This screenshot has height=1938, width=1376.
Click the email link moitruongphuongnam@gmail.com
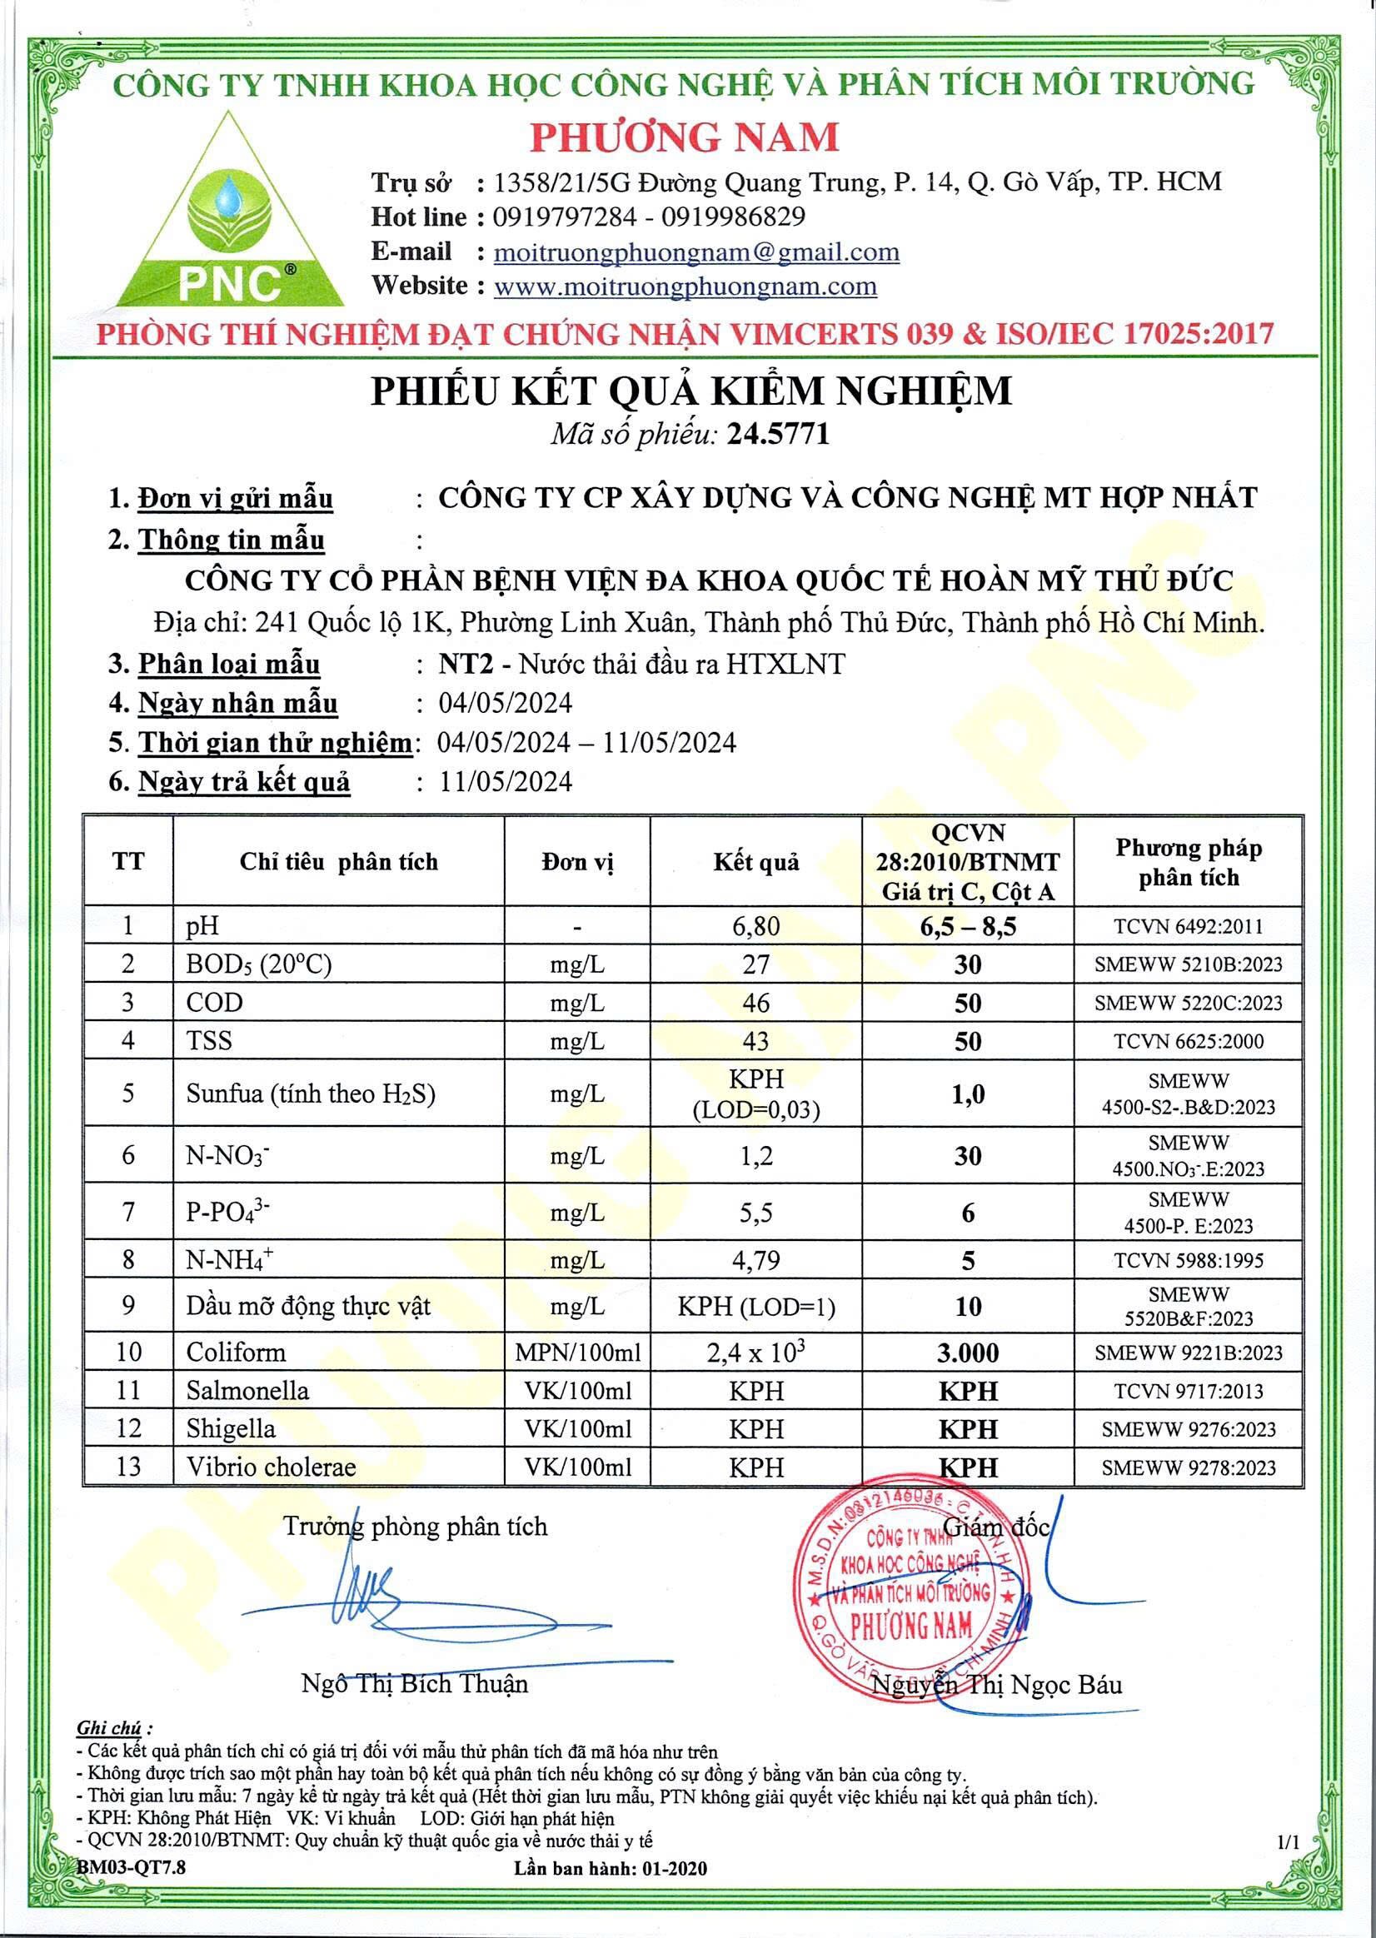pos(695,252)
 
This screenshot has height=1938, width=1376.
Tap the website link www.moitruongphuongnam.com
pos(685,286)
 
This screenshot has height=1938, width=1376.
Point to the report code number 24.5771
pos(784,435)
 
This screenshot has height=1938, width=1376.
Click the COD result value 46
pos(755,1003)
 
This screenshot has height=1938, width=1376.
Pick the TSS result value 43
pos(755,1041)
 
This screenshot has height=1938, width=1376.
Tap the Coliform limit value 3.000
pos(968,1353)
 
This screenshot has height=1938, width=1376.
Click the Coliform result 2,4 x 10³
pos(755,1352)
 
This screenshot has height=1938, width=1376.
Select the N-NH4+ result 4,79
pos(755,1260)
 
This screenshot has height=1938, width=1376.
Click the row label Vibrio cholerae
pos(272,1467)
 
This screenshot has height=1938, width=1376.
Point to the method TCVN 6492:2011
pos(1188,926)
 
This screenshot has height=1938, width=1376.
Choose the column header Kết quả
pos(755,862)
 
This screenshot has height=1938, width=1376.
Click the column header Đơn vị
pos(577,862)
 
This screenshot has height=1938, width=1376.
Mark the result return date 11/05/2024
pos(505,781)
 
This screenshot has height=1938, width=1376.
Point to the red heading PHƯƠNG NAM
pos(685,137)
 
